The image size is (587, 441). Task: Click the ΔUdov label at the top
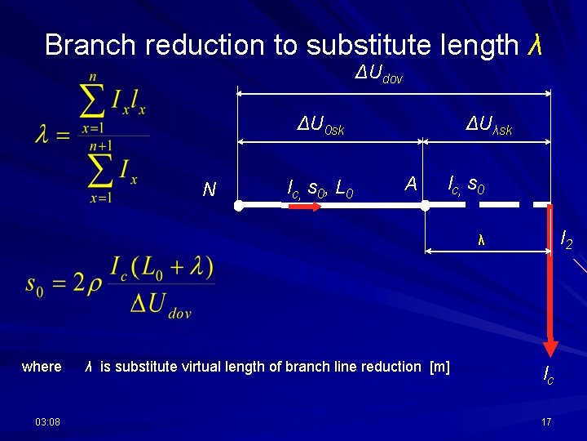[379, 76]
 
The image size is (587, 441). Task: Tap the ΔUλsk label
[489, 127]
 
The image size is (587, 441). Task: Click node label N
[210, 189]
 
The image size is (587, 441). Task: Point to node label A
[411, 185]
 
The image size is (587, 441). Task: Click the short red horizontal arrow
[303, 207]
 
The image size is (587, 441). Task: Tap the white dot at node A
[425, 207]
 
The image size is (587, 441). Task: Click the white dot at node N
[237, 207]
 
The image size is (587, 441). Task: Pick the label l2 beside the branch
[566, 239]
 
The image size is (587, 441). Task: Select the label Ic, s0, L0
[320, 189]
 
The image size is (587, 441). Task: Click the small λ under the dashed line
[482, 240]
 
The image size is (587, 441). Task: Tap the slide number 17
[546, 421]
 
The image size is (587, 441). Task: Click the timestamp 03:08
[46, 421]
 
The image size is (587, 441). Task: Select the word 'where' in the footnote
[42, 367]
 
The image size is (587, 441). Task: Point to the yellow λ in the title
[535, 45]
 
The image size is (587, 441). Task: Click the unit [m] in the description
[439, 367]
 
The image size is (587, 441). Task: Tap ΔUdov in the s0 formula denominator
[161, 305]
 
